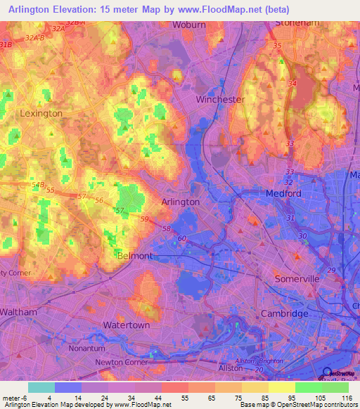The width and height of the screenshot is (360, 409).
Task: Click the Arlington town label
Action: point(181,202)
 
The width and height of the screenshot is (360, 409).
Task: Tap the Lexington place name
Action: point(41,113)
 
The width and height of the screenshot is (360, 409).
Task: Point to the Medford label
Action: point(283,193)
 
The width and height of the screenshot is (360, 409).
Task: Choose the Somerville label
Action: point(296,279)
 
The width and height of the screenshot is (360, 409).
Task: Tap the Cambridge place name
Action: point(284,313)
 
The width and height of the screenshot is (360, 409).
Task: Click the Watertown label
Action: point(126,325)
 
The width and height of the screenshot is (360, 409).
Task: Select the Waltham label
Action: point(18,311)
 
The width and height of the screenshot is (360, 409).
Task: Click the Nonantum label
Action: point(86,348)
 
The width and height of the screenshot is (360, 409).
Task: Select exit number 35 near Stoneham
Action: point(277,46)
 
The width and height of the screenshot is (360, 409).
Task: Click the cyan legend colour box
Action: point(41,387)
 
